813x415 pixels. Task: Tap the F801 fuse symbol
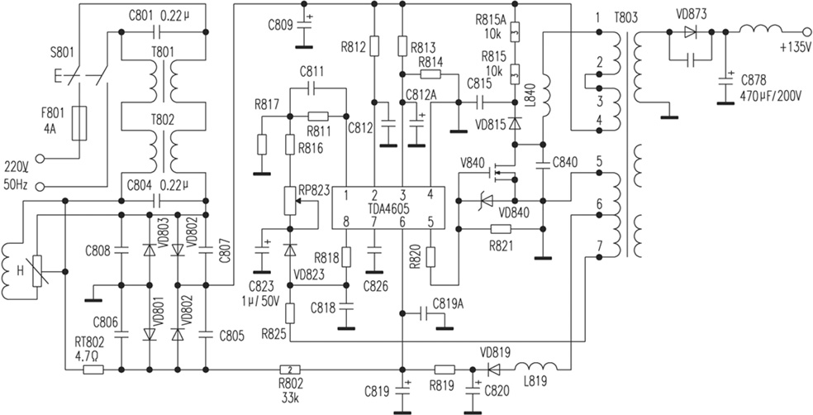pyautogui.click(x=80, y=122)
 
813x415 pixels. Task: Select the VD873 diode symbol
pyautogui.click(x=691, y=32)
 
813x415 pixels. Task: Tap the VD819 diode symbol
pyautogui.click(x=494, y=369)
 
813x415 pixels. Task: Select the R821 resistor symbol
pyautogui.click(x=502, y=228)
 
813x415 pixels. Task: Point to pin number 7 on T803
pyautogui.click(x=596, y=247)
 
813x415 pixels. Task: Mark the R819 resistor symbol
pyautogui.click(x=445, y=369)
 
